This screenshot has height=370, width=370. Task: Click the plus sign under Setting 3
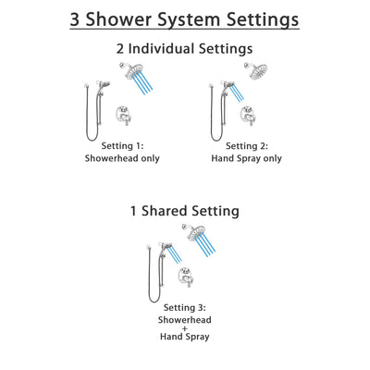tap(185, 330)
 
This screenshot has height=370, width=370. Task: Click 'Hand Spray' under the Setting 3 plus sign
tap(185, 343)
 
